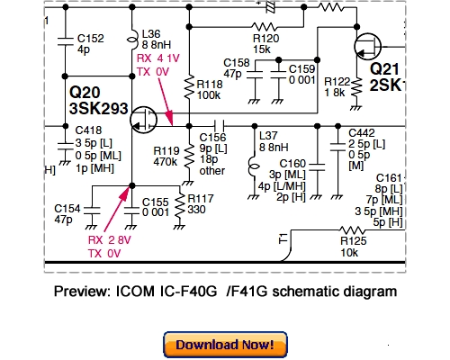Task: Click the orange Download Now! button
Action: pyautogui.click(x=224, y=345)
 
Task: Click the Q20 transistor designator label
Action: pyautogui.click(x=83, y=92)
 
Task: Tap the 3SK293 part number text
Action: pyautogui.click(x=95, y=107)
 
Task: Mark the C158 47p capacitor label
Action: pyautogui.click(x=237, y=67)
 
